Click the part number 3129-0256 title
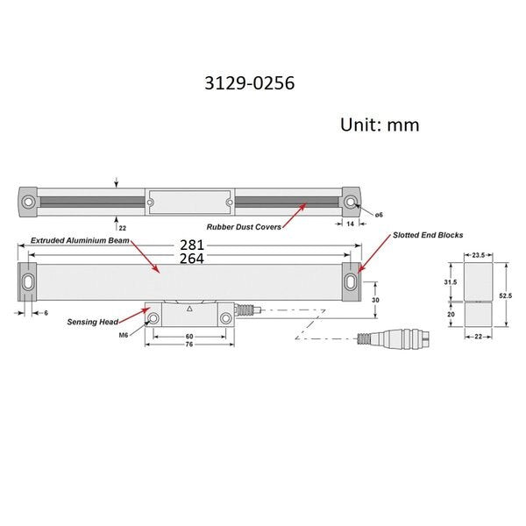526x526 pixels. click(250, 83)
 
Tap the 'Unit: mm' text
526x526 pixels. click(380, 124)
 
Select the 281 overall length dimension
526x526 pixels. click(192, 245)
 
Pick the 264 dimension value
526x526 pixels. click(192, 259)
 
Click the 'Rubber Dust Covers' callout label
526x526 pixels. click(244, 227)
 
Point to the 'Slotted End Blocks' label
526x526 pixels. click(428, 235)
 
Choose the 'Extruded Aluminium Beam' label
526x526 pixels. click(80, 240)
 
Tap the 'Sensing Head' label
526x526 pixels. click(93, 322)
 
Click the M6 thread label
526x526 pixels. click(124, 335)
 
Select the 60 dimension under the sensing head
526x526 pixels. click(189, 336)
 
